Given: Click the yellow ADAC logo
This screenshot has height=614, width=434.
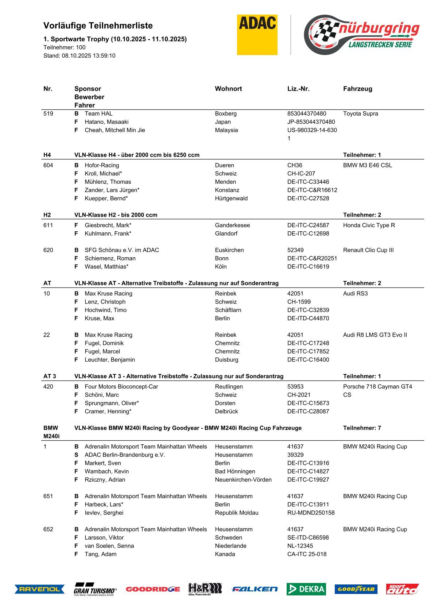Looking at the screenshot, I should click(x=257, y=35).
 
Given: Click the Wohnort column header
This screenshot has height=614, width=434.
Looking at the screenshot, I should click(x=228, y=89).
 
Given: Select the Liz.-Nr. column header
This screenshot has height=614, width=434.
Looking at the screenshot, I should click(x=298, y=89).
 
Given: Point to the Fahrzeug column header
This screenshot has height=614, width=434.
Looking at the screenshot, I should click(x=357, y=89).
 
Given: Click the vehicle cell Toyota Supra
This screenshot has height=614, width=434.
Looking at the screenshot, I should click(x=360, y=113).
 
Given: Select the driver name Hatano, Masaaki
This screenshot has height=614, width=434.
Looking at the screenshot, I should click(x=106, y=122).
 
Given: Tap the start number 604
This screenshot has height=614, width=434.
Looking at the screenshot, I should click(x=48, y=165).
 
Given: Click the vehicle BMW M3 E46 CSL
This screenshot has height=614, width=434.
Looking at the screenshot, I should click(x=367, y=165).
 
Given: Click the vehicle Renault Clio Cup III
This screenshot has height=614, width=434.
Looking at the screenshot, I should click(x=368, y=250).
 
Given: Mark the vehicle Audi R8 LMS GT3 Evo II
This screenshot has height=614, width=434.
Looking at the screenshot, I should click(x=375, y=335).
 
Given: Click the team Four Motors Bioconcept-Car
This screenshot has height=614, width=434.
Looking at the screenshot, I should click(x=121, y=386).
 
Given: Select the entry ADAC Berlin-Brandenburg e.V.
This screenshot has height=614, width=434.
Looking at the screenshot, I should click(x=125, y=455).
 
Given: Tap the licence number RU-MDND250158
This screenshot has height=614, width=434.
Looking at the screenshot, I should click(x=311, y=513).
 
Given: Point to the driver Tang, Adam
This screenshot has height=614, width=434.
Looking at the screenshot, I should click(x=101, y=554).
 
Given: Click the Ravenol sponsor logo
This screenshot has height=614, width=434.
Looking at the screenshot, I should click(x=39, y=589).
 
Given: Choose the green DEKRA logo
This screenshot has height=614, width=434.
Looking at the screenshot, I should click(x=306, y=589).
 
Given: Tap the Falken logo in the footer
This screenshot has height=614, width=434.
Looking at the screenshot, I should click(x=255, y=589).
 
